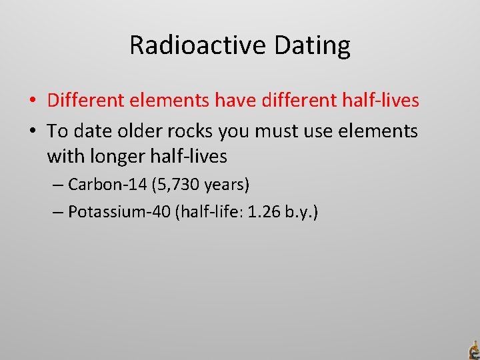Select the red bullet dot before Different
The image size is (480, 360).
pyautogui.click(x=32, y=101)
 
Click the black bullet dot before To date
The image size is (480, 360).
pyautogui.click(x=32, y=131)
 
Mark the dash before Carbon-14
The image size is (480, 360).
pyautogui.click(x=57, y=184)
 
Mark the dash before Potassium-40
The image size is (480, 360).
pyautogui.click(x=57, y=213)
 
